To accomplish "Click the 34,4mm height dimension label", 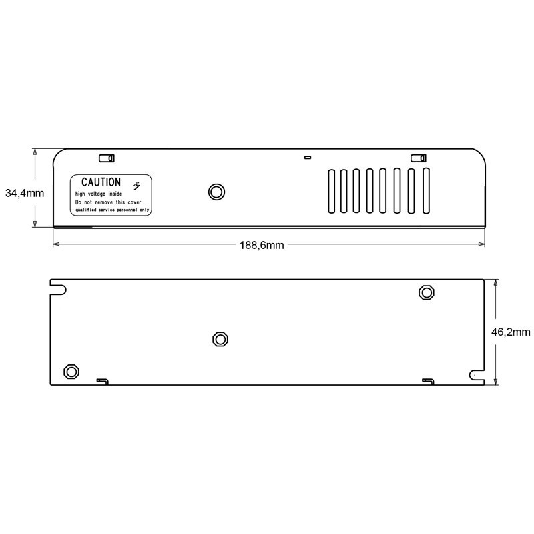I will (x=25, y=194).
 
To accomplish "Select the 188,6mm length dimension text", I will (x=262, y=245).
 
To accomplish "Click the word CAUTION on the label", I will (x=101, y=182).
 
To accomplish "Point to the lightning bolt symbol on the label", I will (x=138, y=185).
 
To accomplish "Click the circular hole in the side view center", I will (x=216, y=192).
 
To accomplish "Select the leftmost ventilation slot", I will (x=330, y=192).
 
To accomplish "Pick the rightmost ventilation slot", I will (x=425, y=192).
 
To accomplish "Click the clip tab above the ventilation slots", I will (x=419, y=158).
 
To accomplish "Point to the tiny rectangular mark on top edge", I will (x=307, y=158).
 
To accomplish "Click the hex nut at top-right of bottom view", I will (x=426, y=292).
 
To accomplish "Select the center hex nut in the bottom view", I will (x=220, y=339).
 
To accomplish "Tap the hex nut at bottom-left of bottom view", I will (x=70, y=372).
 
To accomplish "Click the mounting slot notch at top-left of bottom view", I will (x=60, y=289).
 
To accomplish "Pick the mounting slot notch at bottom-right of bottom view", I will (x=477, y=377).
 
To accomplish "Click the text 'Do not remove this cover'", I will (x=107, y=201).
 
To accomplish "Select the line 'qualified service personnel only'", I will (x=112, y=210).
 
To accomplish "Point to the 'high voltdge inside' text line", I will (x=98, y=193).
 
